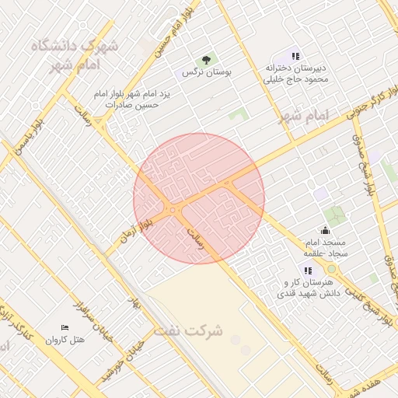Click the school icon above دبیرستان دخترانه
click(x=295, y=55)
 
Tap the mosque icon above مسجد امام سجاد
click(x=325, y=230)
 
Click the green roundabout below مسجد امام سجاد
click(x=332, y=268)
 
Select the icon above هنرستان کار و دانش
click(x=308, y=270)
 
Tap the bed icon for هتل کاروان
click(x=65, y=327)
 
